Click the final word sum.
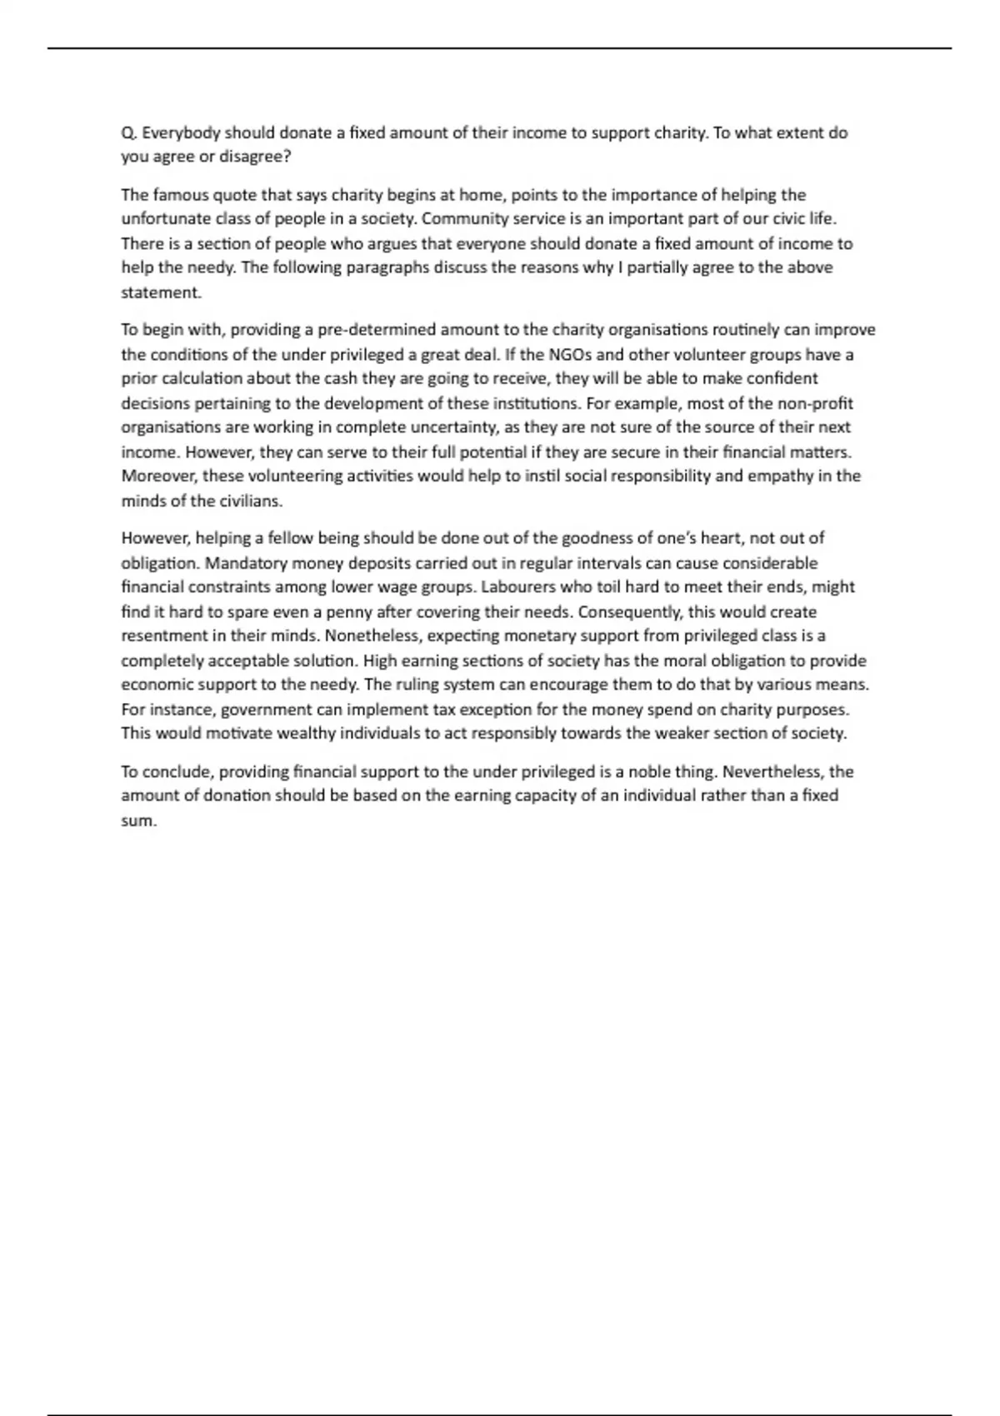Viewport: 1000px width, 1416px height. coord(139,820)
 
